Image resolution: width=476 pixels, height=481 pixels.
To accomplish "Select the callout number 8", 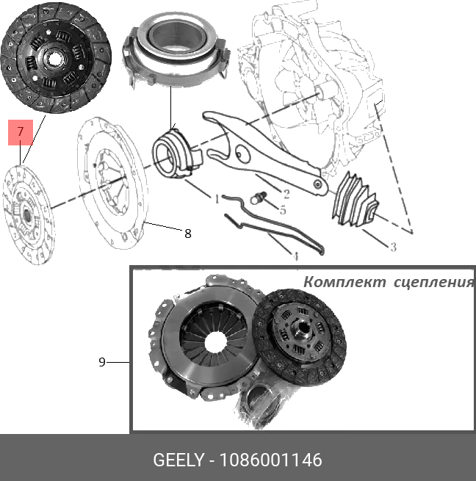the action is (x=188, y=234).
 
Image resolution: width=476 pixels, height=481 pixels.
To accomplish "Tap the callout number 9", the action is (x=102, y=361).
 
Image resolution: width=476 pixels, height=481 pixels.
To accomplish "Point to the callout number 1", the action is (x=217, y=198).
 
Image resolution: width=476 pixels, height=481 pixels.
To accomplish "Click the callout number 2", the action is (x=286, y=194).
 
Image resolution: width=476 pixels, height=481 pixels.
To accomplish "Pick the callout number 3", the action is (x=393, y=247).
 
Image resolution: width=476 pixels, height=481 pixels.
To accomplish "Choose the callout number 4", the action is (x=296, y=257).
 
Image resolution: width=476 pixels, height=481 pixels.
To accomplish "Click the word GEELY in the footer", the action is (x=178, y=460).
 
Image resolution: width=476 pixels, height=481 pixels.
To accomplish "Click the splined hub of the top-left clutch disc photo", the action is (x=54, y=57).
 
